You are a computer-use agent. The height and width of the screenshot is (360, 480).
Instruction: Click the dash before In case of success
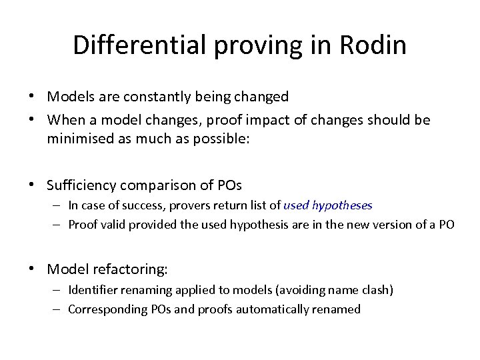click(x=59, y=205)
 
